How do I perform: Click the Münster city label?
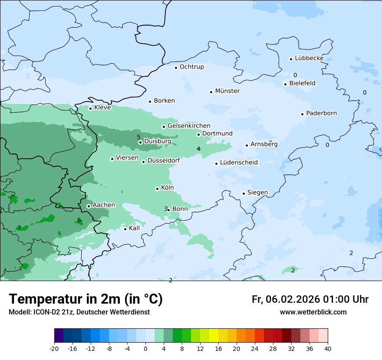coord(227,91)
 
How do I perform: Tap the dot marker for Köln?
coord(157,189)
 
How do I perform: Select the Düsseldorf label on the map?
coord(164,161)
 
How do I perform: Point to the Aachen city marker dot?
coord(89,206)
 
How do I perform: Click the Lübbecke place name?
coord(309,58)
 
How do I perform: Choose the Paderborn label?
coord(321,113)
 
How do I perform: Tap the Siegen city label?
coord(257,193)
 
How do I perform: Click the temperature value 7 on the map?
coord(19,228)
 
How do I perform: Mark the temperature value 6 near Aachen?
coord(79,220)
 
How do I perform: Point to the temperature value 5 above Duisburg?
coord(138,137)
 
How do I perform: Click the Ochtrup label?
coord(191,67)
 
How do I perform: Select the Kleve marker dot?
coord(90,108)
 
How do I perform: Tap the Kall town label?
coord(135,228)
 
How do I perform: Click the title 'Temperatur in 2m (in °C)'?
coord(86,299)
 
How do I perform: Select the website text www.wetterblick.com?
coord(313,312)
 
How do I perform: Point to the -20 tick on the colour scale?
coord(54,348)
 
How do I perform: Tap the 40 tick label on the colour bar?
coord(328,348)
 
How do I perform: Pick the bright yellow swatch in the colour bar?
coord(214,336)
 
